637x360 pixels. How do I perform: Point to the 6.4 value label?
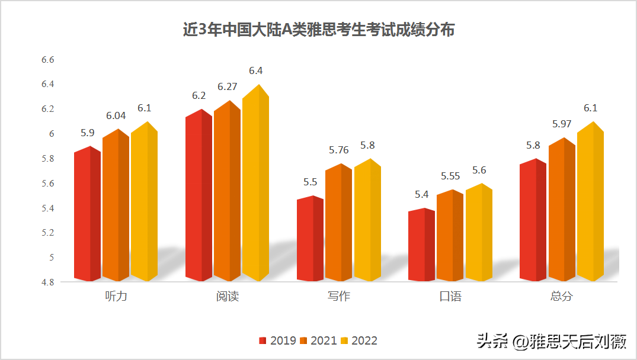coord(255,70)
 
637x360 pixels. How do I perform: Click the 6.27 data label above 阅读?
coord(227,86)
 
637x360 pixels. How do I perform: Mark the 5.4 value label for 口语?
coord(421,194)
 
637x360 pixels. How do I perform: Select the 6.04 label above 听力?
coord(115,115)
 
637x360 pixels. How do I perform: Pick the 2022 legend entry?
coord(359,340)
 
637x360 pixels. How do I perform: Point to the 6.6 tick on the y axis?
coord(47,60)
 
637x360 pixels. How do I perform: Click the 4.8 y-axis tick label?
coord(47,282)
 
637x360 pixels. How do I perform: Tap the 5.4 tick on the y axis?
coord(47,208)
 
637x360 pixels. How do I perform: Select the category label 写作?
coord(338,296)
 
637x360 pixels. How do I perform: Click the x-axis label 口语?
coord(450,296)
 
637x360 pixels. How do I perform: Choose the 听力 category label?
coord(116,296)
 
